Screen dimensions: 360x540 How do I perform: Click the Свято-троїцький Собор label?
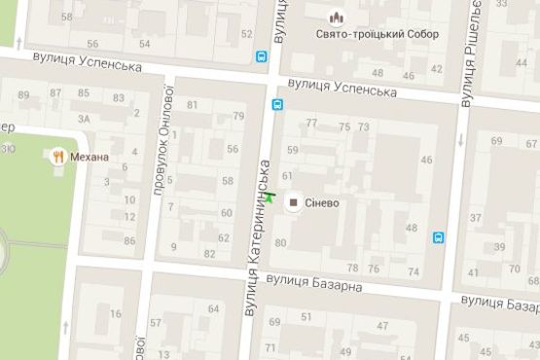click(378, 35)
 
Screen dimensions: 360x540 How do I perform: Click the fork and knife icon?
click(59, 155)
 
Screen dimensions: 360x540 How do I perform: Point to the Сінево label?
click(322, 202)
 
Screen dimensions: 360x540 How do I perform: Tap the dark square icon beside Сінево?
click(294, 201)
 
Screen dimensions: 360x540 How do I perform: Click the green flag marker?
click(270, 198)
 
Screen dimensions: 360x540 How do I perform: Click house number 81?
click(193, 105)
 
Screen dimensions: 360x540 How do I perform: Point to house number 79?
click(238, 116)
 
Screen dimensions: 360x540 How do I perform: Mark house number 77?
click(311, 123)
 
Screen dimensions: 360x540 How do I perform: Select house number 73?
click(363, 127)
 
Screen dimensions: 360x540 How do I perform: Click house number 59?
click(292, 149)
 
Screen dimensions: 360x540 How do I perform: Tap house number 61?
click(287, 176)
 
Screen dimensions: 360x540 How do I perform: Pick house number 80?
click(281, 242)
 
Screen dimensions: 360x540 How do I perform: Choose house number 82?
click(209, 253)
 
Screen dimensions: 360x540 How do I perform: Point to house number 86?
click(129, 240)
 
